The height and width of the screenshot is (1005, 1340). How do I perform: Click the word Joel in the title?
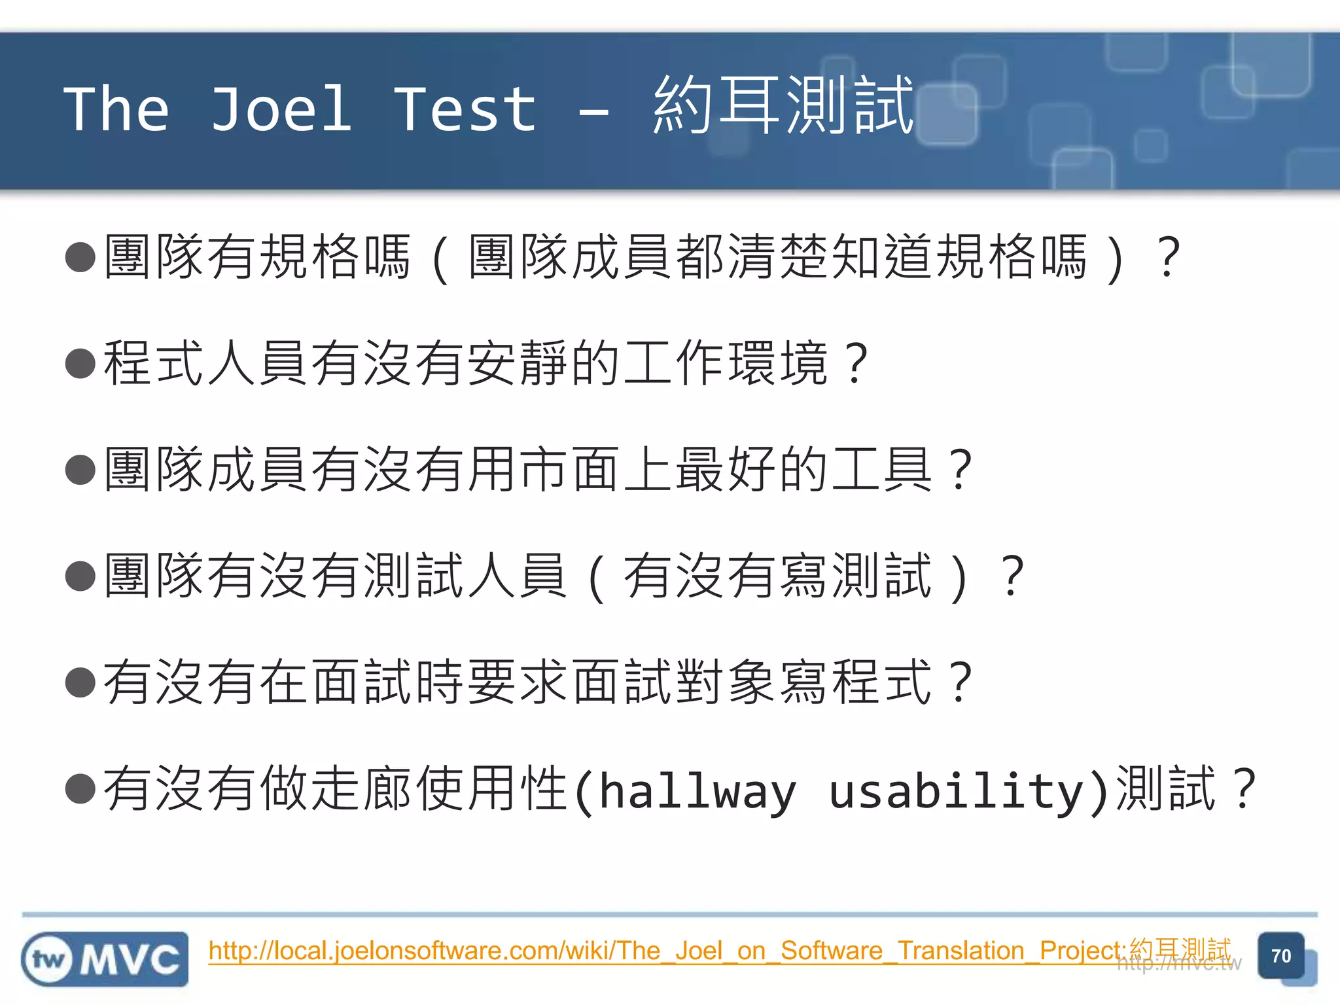pyautogui.click(x=281, y=109)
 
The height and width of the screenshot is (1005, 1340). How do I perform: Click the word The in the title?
pyautogui.click(x=116, y=109)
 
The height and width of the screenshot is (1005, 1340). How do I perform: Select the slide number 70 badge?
pyautogui.click(x=1280, y=956)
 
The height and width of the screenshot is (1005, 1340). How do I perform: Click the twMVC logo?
pyautogui.click(x=105, y=959)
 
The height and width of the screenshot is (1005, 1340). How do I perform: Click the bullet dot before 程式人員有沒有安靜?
pyautogui.click(x=81, y=363)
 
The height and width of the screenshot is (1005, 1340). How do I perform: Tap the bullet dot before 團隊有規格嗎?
pyautogui.click(x=81, y=256)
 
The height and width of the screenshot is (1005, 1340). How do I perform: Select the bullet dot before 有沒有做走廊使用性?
pyautogui.click(x=81, y=788)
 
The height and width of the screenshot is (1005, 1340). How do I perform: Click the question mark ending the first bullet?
pyautogui.click(x=1169, y=256)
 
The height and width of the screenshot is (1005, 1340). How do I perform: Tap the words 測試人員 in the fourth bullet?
pyautogui.click(x=465, y=576)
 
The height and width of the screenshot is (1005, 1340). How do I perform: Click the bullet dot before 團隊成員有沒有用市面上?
pyautogui.click(x=81, y=470)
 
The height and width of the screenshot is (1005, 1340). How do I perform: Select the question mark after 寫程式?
pyautogui.click(x=961, y=682)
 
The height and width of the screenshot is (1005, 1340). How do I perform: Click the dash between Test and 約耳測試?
pyautogui.click(x=594, y=113)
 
